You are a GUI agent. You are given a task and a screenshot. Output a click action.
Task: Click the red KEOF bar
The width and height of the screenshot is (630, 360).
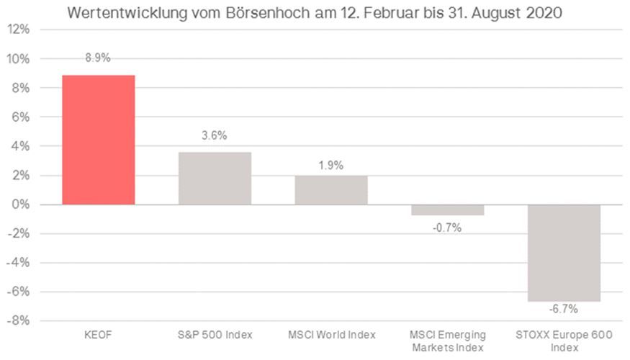click(99, 140)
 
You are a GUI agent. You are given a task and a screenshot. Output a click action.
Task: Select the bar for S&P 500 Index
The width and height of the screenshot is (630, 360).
click(215, 179)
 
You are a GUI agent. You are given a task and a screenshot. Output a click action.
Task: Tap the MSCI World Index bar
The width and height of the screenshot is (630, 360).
click(331, 190)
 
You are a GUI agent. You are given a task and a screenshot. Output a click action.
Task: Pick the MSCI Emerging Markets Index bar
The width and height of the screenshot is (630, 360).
click(448, 210)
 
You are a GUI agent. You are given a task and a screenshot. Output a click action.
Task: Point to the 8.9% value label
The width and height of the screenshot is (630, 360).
click(99, 58)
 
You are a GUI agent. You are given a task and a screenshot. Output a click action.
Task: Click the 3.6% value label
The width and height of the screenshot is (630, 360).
click(215, 136)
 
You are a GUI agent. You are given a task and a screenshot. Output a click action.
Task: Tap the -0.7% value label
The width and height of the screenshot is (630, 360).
click(447, 228)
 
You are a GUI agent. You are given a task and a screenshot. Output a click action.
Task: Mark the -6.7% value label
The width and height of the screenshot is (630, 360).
click(564, 309)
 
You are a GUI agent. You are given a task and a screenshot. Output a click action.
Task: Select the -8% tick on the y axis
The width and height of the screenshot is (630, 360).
click(19, 320)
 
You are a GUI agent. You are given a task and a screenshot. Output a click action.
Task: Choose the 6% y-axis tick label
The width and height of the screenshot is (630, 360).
click(21, 117)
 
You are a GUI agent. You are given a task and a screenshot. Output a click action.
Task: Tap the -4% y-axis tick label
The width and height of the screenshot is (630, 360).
click(19, 263)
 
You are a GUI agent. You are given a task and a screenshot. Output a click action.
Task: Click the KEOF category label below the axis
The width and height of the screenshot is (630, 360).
click(99, 336)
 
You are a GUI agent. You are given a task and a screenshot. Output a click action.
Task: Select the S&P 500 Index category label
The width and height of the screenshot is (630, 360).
click(215, 336)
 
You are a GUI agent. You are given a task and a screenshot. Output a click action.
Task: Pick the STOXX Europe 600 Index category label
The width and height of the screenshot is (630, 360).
click(564, 341)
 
